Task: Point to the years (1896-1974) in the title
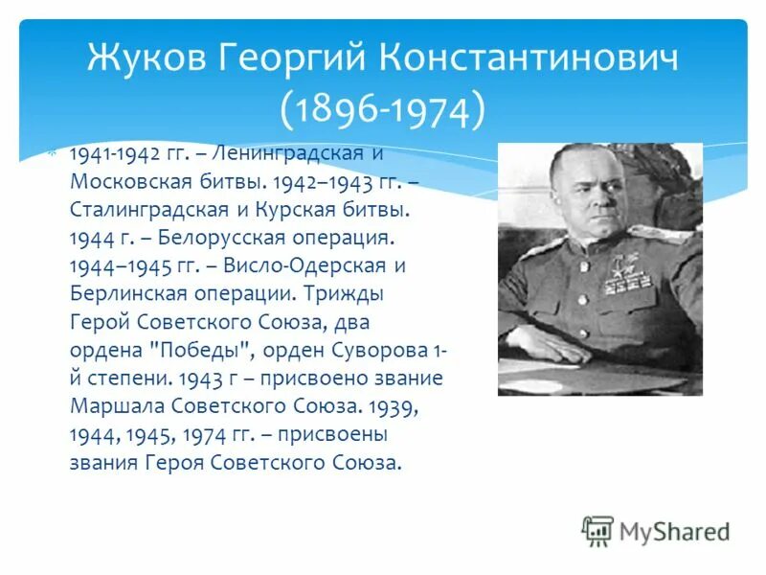tap(383, 110)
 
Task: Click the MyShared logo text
tap(674, 530)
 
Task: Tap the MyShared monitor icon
tap(597, 530)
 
